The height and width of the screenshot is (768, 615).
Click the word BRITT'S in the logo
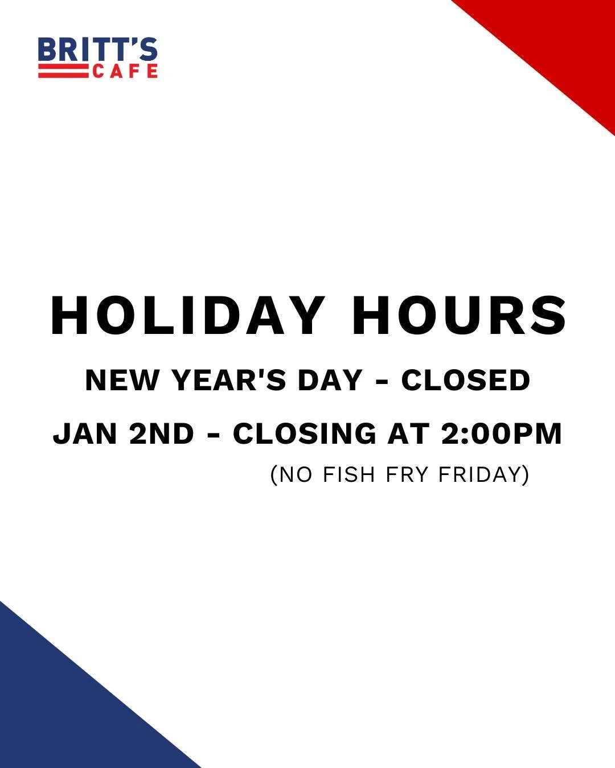tap(97, 50)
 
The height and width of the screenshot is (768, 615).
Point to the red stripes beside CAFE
tap(63, 72)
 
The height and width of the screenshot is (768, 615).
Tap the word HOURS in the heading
tap(459, 316)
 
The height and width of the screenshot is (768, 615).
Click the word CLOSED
tap(466, 380)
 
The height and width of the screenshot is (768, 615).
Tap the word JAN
tap(86, 433)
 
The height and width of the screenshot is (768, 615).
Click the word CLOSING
tap(305, 433)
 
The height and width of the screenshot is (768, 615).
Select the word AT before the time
tap(408, 433)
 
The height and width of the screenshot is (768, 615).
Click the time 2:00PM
tap(502, 433)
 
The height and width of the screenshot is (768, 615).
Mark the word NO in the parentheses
tap(297, 474)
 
